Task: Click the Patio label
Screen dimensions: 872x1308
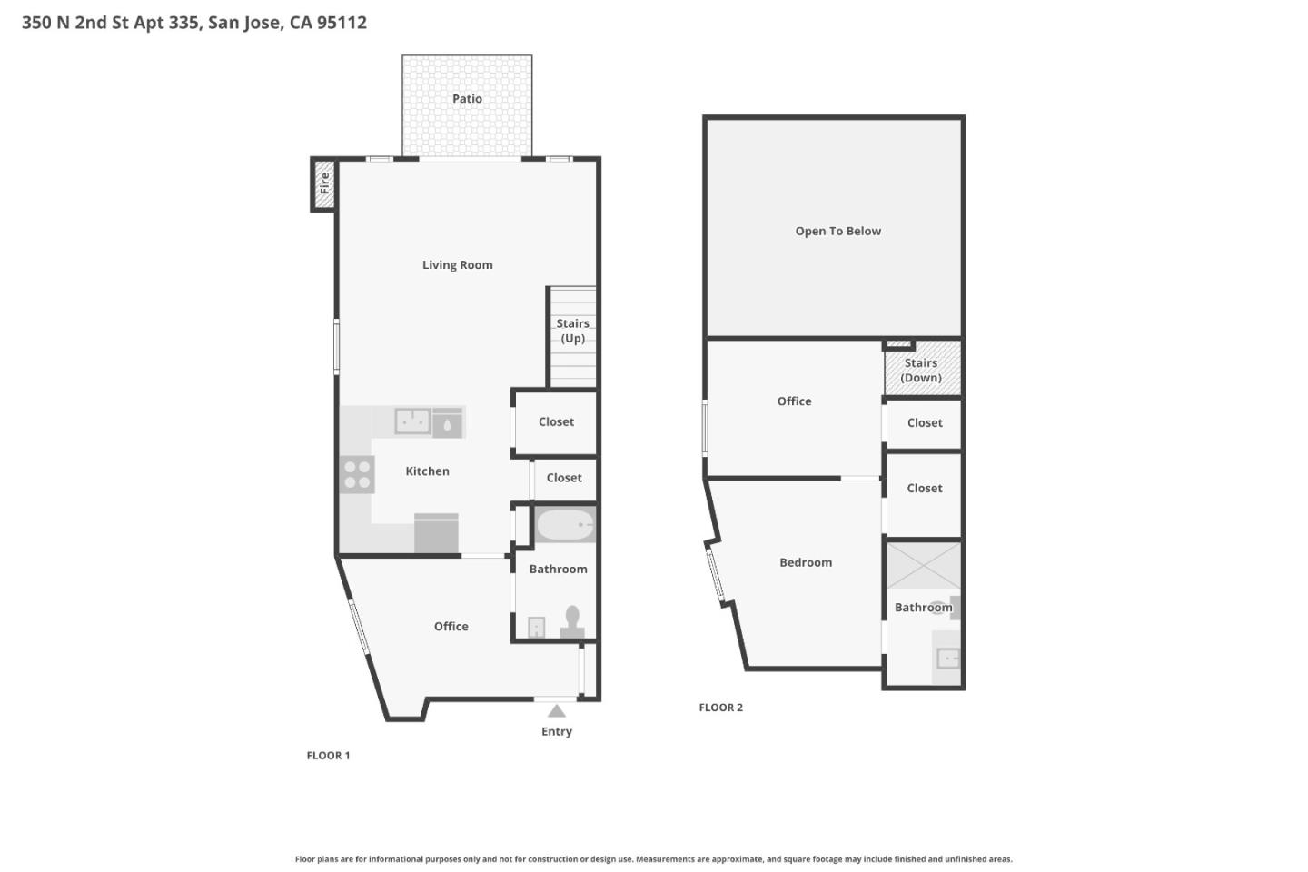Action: [467, 99]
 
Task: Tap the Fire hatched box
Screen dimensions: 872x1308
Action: [324, 183]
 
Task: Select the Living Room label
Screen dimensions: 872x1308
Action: [457, 265]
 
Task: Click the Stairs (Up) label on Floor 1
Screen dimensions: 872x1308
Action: [572, 331]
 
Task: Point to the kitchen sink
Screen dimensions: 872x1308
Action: [412, 421]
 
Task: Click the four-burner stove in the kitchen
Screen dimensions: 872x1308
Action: [357, 475]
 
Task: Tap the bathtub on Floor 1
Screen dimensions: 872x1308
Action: [564, 525]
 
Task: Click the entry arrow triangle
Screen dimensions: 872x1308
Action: [557, 711]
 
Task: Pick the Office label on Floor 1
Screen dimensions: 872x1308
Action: [451, 627]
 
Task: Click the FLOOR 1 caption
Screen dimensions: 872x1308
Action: [328, 756]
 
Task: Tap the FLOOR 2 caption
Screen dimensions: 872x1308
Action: [720, 708]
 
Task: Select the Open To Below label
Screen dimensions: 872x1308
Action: [837, 232]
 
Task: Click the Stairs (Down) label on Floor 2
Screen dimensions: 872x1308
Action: [921, 371]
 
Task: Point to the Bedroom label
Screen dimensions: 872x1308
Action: [805, 563]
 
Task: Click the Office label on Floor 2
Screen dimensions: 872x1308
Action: [794, 401]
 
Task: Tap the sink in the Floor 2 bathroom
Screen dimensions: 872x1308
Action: [947, 658]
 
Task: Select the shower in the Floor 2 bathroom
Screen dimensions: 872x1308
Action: [923, 566]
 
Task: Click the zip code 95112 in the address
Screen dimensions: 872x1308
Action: [342, 23]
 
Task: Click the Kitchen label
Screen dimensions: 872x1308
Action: [427, 471]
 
